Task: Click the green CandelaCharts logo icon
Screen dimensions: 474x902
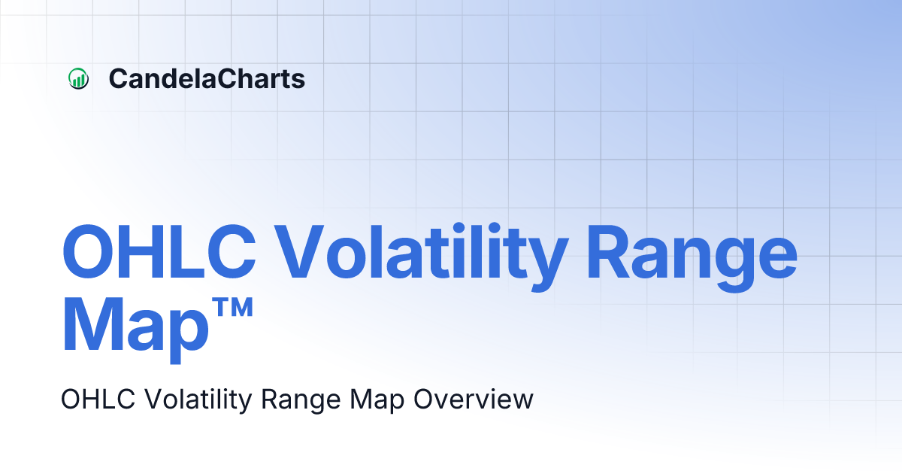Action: (78, 78)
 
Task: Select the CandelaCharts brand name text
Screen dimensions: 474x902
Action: (207, 78)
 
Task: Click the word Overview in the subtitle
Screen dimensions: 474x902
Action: (473, 400)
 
